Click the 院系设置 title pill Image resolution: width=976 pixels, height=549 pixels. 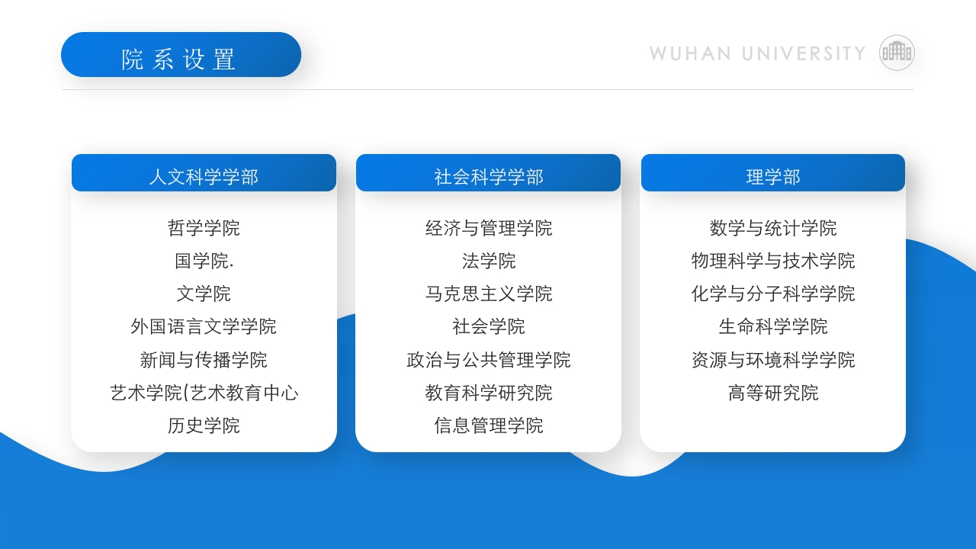pyautogui.click(x=181, y=55)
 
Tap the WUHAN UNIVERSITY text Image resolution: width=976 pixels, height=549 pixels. pyautogui.click(x=757, y=53)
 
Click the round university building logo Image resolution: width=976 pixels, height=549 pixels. pyautogui.click(x=897, y=53)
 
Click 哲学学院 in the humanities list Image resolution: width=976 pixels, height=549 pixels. pyautogui.click(x=204, y=228)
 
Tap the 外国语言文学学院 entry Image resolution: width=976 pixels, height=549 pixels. pyautogui.click(x=204, y=326)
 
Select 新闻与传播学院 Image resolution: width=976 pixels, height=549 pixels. pyautogui.click(x=204, y=359)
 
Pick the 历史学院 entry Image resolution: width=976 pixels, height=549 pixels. pyautogui.click(x=204, y=425)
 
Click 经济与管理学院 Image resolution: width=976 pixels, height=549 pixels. pyautogui.click(x=488, y=228)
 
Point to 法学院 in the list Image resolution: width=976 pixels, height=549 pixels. pyautogui.click(x=488, y=261)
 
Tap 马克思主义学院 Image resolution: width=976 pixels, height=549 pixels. pyautogui.click(x=488, y=294)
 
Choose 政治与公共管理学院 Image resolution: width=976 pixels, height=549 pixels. pyautogui.click(x=488, y=359)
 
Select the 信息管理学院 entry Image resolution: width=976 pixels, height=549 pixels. pyautogui.click(x=488, y=425)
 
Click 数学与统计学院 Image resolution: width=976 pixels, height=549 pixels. pyautogui.click(x=772, y=228)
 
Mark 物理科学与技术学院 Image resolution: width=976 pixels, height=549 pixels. pyautogui.click(x=772, y=261)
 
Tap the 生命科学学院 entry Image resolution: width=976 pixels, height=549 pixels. pyautogui.click(x=772, y=326)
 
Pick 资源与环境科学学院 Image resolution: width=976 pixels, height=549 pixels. pyautogui.click(x=772, y=359)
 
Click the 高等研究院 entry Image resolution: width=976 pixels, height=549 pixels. pyautogui.click(x=772, y=393)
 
